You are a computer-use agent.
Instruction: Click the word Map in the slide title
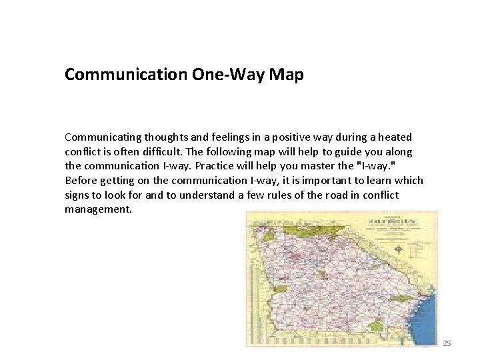(x=287, y=75)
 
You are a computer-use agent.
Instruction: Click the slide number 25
(x=447, y=343)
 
